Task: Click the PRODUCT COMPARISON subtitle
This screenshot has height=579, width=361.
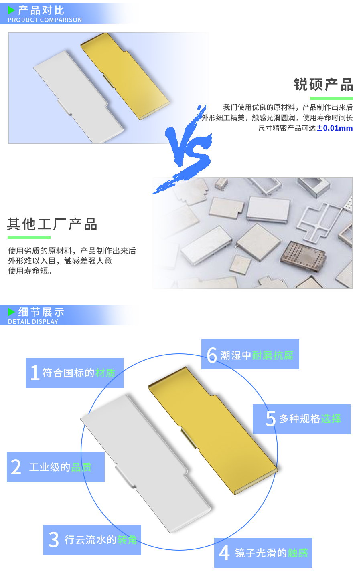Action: pyautogui.click(x=45, y=20)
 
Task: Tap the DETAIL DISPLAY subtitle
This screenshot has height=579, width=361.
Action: pyautogui.click(x=33, y=322)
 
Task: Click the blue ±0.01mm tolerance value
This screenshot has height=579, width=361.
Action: pyautogui.click(x=335, y=128)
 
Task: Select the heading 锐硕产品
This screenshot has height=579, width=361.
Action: pyautogui.click(x=323, y=85)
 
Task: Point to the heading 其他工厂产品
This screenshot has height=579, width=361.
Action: pyautogui.click(x=52, y=224)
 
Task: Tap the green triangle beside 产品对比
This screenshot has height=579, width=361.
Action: pyautogui.click(x=11, y=10)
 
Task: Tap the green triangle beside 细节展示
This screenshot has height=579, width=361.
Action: pyautogui.click(x=11, y=312)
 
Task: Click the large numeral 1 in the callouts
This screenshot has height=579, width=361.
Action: pyautogui.click(x=35, y=373)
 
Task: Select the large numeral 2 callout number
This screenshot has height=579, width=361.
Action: pyautogui.click(x=16, y=467)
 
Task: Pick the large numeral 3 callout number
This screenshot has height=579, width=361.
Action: pyautogui.click(x=54, y=540)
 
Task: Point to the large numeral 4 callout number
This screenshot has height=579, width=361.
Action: pyautogui.click(x=224, y=553)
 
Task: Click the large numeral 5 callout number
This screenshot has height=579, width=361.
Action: pyautogui.click(x=271, y=419)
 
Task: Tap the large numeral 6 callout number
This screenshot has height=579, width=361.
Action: pyautogui.click(x=212, y=355)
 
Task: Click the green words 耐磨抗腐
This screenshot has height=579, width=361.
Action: pyautogui.click(x=273, y=355)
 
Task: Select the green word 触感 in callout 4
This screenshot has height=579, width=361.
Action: pyautogui.click(x=298, y=553)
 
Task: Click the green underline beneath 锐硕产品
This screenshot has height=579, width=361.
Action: pyautogui.click(x=331, y=99)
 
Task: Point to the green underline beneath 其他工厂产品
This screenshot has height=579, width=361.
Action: pyautogui.click(x=29, y=238)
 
